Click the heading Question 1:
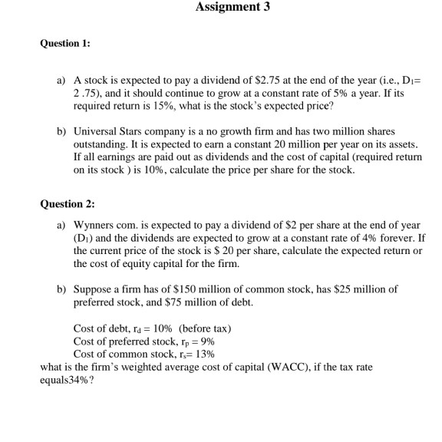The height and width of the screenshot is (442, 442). click(65, 44)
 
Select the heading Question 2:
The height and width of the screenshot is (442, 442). click(65, 204)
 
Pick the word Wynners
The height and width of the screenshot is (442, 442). click(95, 226)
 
